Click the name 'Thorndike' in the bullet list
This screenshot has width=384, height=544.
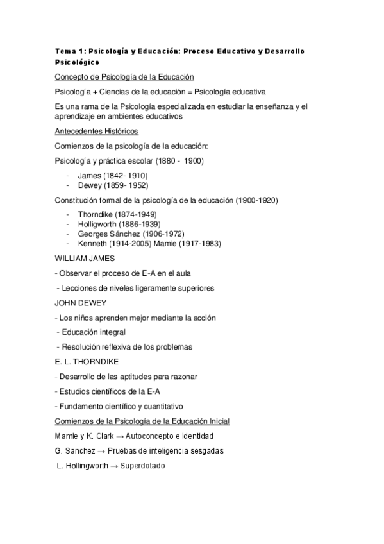click(96, 214)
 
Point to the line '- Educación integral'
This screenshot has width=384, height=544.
click(91, 332)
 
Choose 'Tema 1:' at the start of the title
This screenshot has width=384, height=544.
click(68, 51)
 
